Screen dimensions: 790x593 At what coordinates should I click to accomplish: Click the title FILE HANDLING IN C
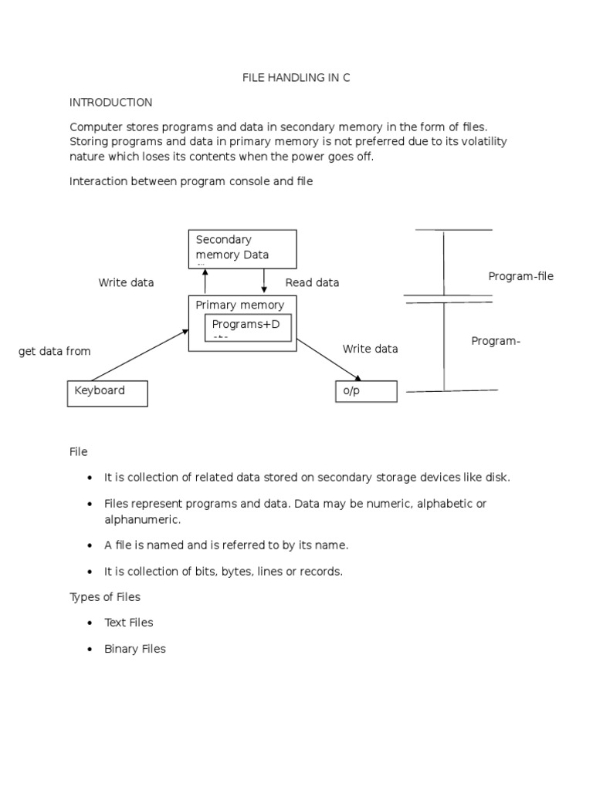click(x=296, y=78)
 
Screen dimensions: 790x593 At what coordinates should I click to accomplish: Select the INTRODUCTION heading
click(x=111, y=102)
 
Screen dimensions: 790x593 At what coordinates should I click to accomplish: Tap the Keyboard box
click(x=107, y=393)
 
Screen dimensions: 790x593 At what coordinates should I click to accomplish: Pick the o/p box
click(x=366, y=391)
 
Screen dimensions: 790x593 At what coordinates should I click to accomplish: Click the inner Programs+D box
click(x=247, y=327)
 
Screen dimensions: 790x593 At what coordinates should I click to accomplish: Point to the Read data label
click(x=312, y=282)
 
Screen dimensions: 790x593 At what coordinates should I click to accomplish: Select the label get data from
click(x=54, y=351)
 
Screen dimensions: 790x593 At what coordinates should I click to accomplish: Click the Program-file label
click(x=520, y=276)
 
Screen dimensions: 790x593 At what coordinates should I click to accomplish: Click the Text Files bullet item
click(x=129, y=623)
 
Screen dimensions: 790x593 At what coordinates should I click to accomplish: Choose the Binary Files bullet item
click(x=135, y=649)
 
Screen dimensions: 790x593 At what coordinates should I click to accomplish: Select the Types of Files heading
click(x=105, y=596)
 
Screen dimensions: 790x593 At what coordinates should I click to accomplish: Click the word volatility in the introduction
click(x=482, y=142)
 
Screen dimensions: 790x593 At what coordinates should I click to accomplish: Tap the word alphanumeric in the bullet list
click(x=142, y=519)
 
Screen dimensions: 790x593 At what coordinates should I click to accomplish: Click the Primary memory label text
click(x=239, y=305)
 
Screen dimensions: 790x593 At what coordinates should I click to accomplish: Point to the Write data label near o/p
click(x=371, y=349)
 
